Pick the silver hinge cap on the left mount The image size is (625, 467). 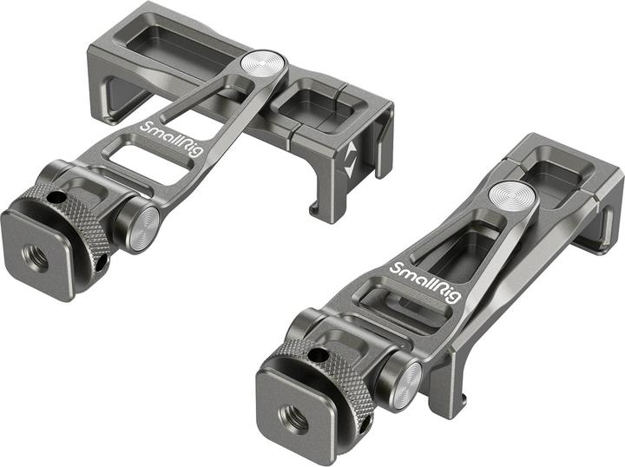(143, 227)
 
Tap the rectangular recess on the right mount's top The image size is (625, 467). (562, 168)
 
